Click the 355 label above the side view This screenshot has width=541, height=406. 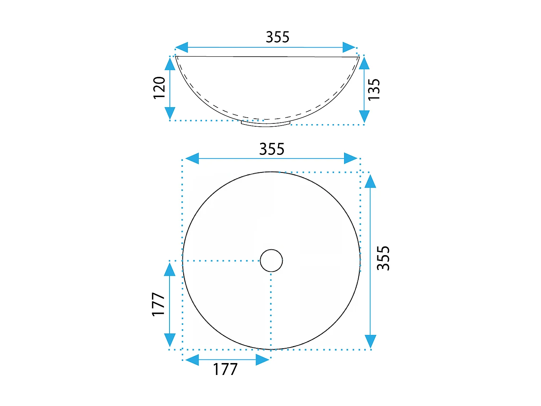pyautogui.click(x=277, y=37)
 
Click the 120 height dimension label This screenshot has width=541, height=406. pyautogui.click(x=159, y=88)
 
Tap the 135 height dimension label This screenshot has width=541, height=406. pyautogui.click(x=374, y=90)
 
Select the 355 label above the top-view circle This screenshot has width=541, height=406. pyautogui.click(x=272, y=149)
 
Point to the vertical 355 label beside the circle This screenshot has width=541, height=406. pyautogui.click(x=383, y=258)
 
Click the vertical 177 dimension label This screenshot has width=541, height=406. pyautogui.click(x=158, y=304)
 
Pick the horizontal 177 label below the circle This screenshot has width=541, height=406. pyautogui.click(x=225, y=369)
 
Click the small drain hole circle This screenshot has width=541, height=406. pyautogui.click(x=271, y=261)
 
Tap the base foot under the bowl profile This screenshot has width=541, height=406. pyautogui.click(x=266, y=124)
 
